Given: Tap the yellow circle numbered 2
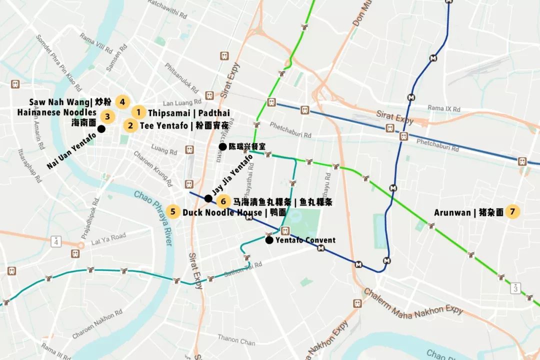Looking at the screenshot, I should click(x=130, y=125).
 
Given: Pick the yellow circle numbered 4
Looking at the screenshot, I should click(x=122, y=102).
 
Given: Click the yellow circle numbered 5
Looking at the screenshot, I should click(x=173, y=212).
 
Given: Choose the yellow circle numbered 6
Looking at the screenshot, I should click(x=224, y=201).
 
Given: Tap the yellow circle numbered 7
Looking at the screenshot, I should click(x=512, y=212).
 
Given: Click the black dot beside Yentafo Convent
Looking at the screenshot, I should click(x=269, y=240).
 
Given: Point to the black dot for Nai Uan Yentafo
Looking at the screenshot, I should click(x=101, y=129).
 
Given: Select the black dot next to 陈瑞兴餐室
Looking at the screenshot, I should click(x=222, y=146).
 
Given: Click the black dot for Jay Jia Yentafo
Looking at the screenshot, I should click(x=208, y=198).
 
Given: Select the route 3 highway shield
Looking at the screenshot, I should click(x=515, y=288).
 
